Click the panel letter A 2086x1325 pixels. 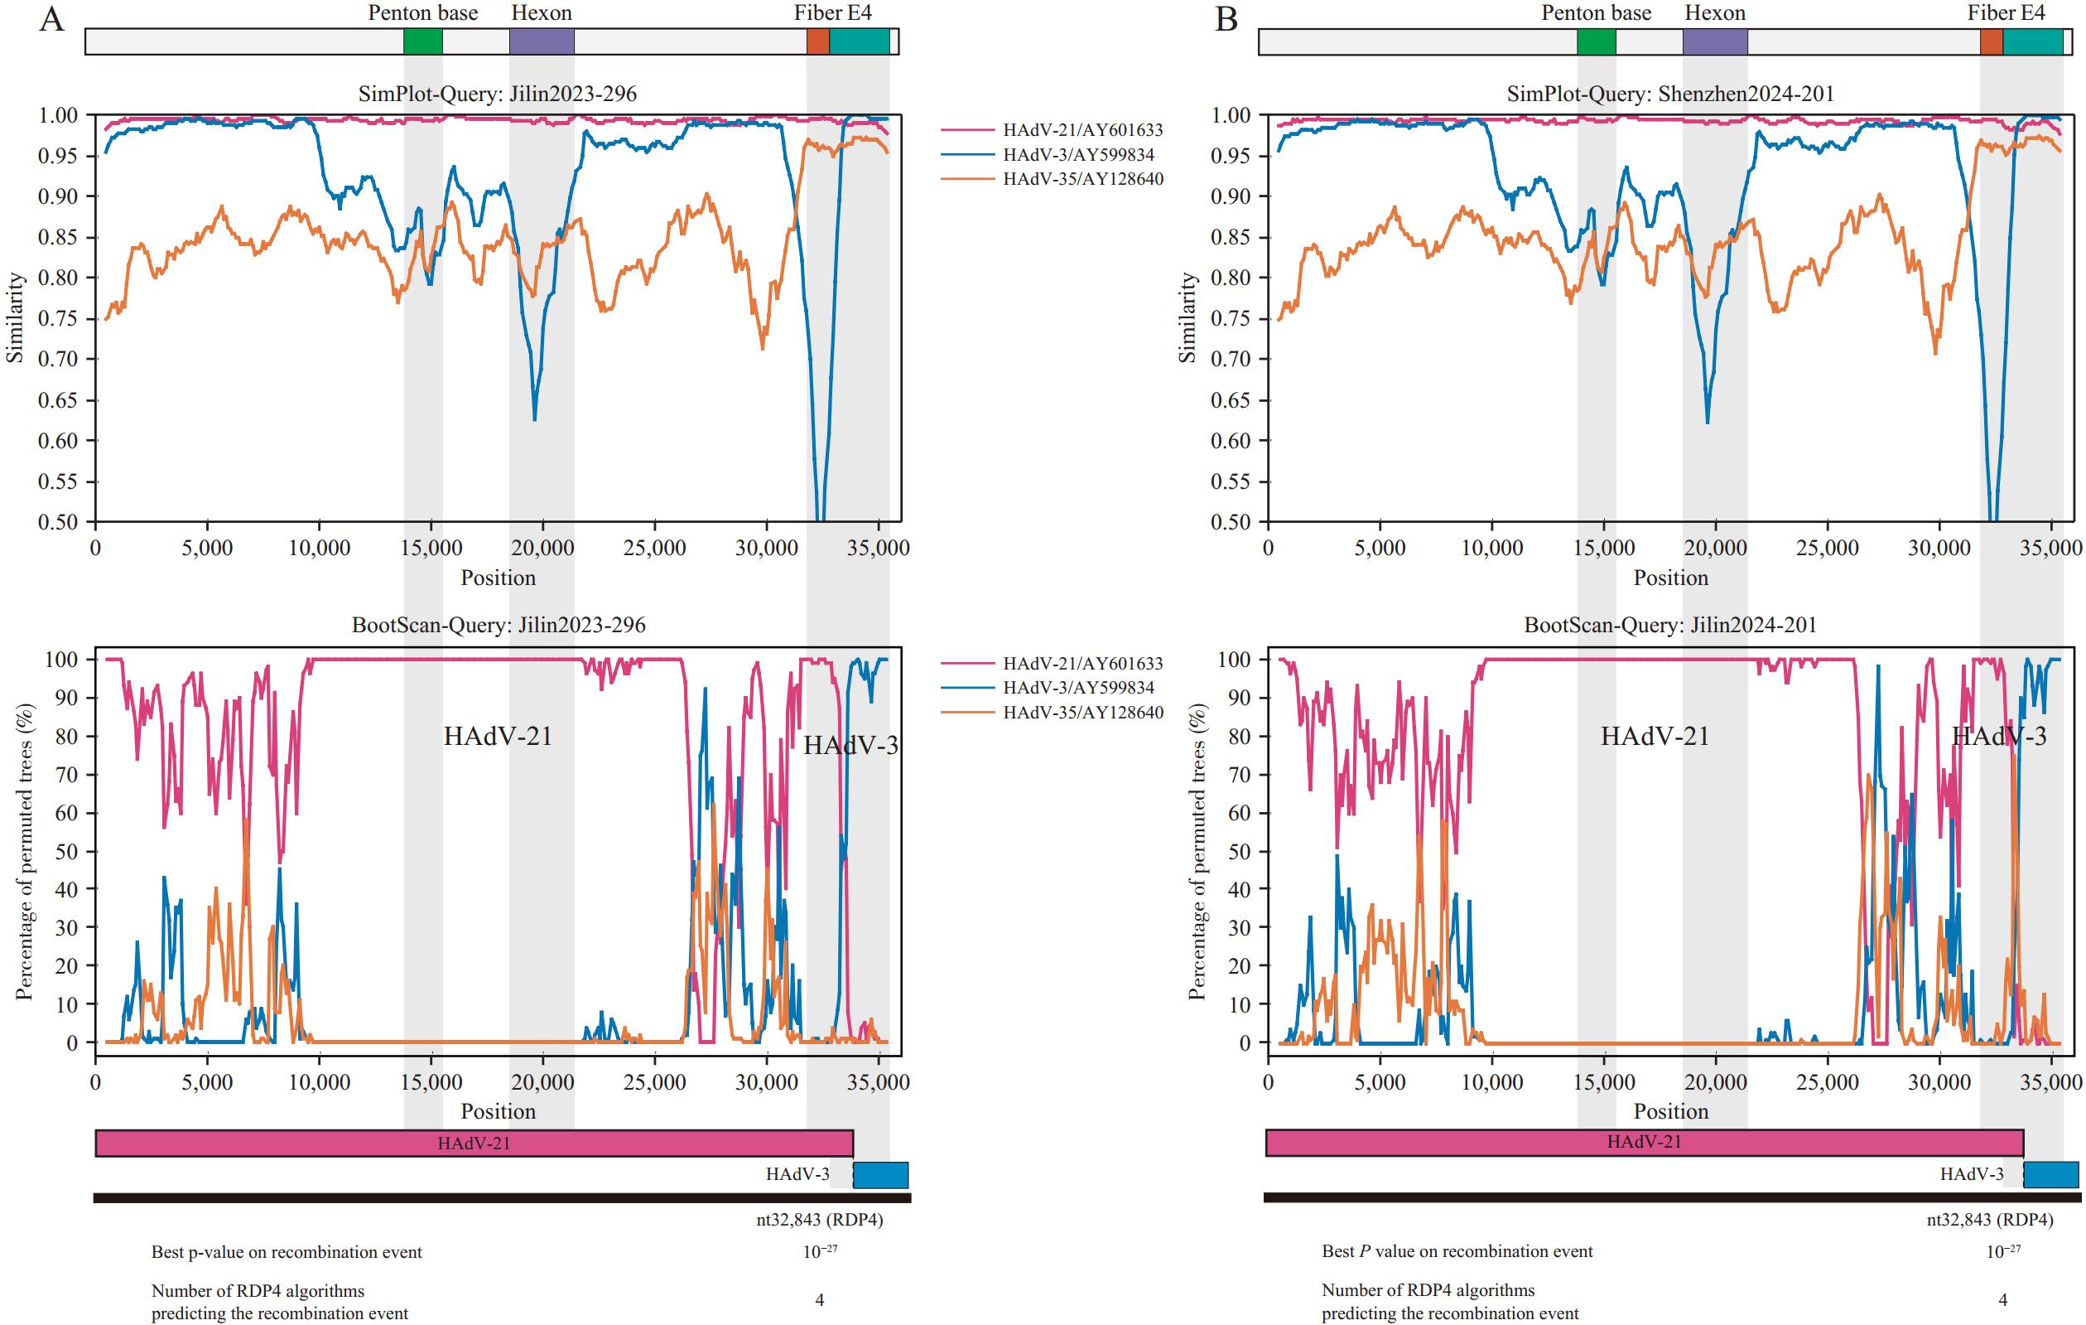point(52,19)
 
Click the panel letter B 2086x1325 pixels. point(1226,19)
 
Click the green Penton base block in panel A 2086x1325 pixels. point(422,41)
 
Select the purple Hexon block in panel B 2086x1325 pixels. point(1714,41)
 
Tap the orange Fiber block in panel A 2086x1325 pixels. point(818,41)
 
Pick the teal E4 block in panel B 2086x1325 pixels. point(2032,41)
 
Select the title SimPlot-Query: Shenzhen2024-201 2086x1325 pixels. point(1670,94)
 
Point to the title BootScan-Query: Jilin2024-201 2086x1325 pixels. point(1670,625)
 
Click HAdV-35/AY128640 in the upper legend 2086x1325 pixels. point(1083,179)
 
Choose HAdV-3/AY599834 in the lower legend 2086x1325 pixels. point(1078,688)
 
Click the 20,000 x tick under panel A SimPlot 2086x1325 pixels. point(543,549)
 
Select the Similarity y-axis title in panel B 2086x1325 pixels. point(1188,317)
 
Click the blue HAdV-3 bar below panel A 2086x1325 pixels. point(880,1175)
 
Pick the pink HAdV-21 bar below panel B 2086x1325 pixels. point(1643,1142)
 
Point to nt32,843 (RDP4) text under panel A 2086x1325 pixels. point(820,1220)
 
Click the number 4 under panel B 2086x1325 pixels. point(2002,1300)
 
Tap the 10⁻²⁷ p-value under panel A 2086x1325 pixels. point(820,1251)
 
